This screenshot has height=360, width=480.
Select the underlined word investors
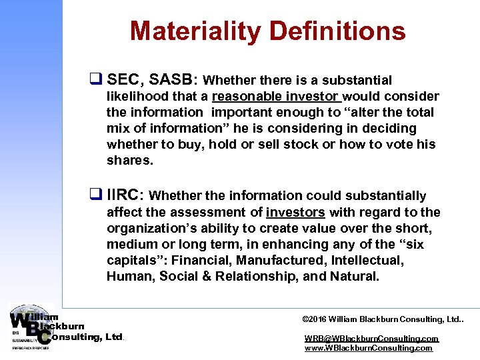click(x=295, y=212)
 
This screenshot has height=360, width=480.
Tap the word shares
click(x=129, y=160)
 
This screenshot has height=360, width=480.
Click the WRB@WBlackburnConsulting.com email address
click(x=371, y=339)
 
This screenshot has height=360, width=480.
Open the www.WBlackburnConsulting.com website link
click(x=368, y=348)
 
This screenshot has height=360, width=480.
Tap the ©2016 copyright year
click(x=317, y=319)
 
